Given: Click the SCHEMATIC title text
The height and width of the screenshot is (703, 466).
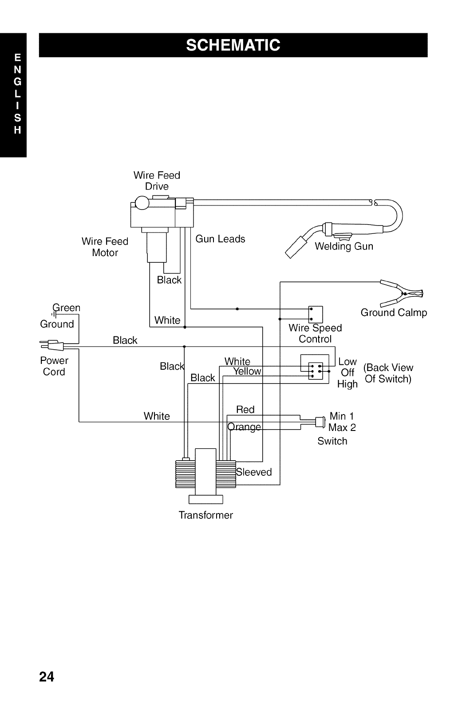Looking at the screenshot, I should (x=233, y=45).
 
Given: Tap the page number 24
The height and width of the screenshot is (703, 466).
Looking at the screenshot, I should (x=47, y=676).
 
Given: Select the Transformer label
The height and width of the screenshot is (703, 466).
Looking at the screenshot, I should (x=205, y=515).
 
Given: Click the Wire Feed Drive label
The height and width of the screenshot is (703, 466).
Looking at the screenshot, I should (x=157, y=181).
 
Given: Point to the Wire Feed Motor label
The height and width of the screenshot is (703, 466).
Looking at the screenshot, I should (x=105, y=247).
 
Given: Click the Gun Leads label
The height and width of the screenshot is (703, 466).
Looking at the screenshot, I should (x=220, y=239).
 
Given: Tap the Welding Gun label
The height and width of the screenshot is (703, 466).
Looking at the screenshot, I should (x=344, y=246).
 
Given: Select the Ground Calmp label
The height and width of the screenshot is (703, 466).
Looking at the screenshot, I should (x=394, y=312).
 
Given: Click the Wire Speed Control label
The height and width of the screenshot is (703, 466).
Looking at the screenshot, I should (x=315, y=333).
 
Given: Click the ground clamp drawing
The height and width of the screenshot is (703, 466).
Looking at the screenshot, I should (x=402, y=292).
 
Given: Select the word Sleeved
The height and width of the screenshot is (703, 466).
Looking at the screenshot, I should (x=254, y=472).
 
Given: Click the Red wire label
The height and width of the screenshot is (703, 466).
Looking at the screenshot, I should (x=245, y=409).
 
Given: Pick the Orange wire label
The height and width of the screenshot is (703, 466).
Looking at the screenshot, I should (x=244, y=427).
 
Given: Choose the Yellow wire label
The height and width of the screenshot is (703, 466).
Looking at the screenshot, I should (x=247, y=371).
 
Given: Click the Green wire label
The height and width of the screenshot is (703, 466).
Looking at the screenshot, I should (x=67, y=308).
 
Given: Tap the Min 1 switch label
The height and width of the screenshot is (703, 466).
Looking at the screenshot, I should (x=342, y=416).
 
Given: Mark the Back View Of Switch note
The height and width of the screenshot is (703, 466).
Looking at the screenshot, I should (x=388, y=373).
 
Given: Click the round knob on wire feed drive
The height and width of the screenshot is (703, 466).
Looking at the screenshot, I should (x=142, y=203).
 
